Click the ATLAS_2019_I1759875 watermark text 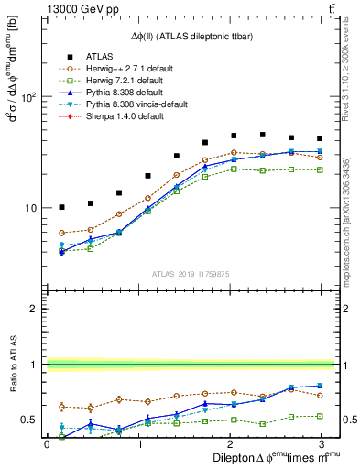click(x=191, y=272)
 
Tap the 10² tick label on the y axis click(x=28, y=96)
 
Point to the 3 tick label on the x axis click(x=321, y=443)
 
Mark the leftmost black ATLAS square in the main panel click(x=61, y=208)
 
